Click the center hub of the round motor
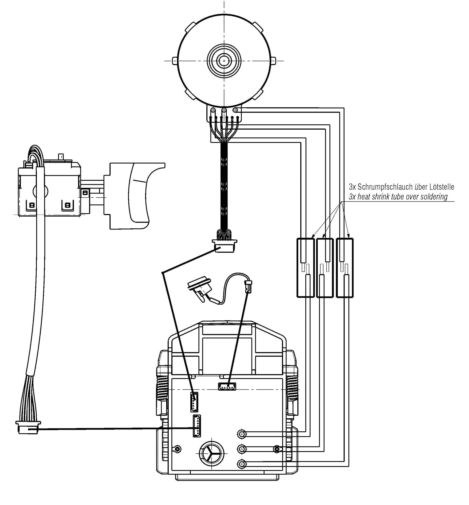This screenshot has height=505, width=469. (x=224, y=61)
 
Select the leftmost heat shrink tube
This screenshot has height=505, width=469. (x=306, y=267)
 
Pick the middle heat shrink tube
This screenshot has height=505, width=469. (x=325, y=267)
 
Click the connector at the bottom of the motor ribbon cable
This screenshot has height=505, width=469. (x=224, y=246)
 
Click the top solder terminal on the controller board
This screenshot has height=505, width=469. (x=242, y=434)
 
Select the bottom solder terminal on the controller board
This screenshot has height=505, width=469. (x=242, y=464)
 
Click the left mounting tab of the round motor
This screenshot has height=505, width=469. (x=175, y=61)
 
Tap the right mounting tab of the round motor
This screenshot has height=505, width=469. (x=273, y=61)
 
